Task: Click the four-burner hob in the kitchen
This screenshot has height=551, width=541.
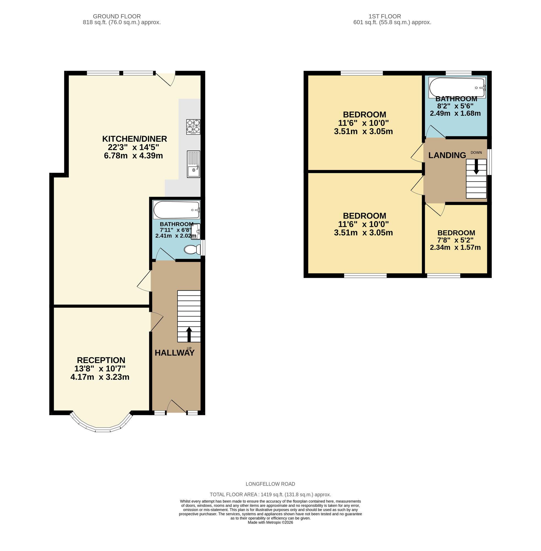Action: (193, 127)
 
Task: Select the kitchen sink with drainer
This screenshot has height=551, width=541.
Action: (193, 164)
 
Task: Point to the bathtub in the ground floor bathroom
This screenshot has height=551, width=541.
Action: (177, 210)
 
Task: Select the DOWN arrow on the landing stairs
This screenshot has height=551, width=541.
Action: (476, 166)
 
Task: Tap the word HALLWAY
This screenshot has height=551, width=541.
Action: (174, 353)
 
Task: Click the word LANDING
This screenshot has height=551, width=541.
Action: (447, 155)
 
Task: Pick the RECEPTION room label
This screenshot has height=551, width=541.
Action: (101, 360)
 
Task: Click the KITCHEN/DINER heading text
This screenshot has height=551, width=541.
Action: (134, 139)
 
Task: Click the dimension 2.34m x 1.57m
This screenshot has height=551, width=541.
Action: (455, 247)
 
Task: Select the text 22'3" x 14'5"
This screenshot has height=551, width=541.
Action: (133, 147)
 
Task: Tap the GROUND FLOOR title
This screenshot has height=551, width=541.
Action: (117, 17)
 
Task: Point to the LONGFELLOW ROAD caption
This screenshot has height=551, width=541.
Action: (270, 484)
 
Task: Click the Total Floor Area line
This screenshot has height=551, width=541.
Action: (270, 495)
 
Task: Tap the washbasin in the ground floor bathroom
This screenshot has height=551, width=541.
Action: (196, 231)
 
